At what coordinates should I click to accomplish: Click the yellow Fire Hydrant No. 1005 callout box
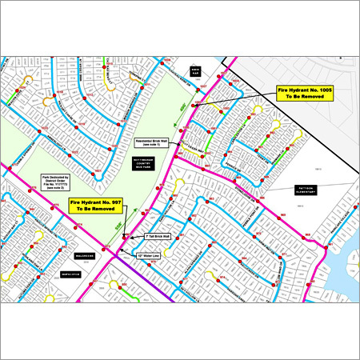coord(305,94)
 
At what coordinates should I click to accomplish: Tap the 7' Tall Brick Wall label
coord(156,238)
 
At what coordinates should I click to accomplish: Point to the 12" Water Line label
coord(150,256)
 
